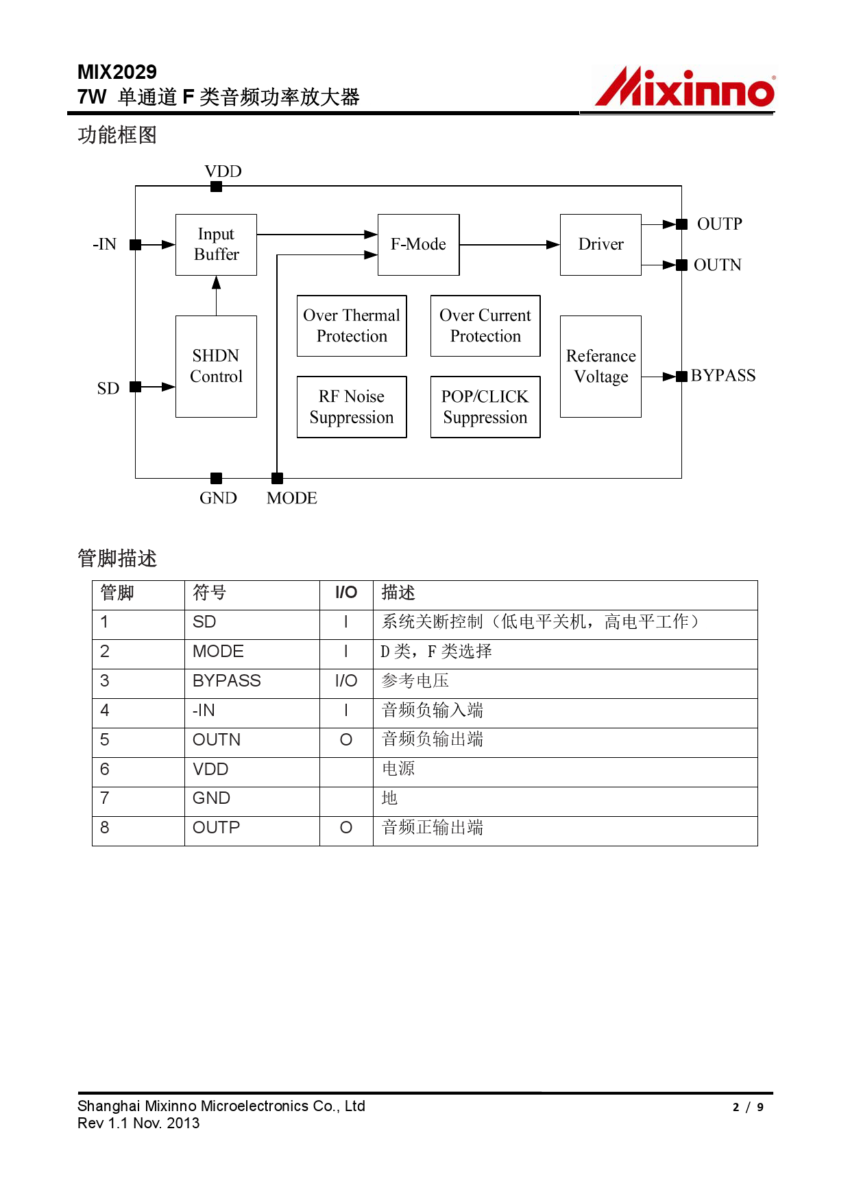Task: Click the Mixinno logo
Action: tap(684, 88)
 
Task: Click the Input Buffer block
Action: tap(216, 245)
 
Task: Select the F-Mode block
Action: tap(418, 245)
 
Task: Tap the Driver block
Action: tap(600, 245)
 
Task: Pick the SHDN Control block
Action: tap(216, 366)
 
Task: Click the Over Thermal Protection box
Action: tap(352, 326)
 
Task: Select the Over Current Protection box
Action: tap(485, 326)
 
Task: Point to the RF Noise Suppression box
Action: tap(352, 407)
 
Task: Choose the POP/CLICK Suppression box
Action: tap(485, 407)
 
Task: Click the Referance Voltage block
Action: tap(600, 366)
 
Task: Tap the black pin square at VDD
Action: tap(216, 187)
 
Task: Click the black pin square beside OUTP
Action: tap(681, 224)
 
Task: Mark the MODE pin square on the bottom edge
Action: tap(277, 478)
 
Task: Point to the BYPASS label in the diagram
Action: tap(723, 376)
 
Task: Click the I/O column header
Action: tap(346, 593)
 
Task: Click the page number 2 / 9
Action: tap(748, 1107)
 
